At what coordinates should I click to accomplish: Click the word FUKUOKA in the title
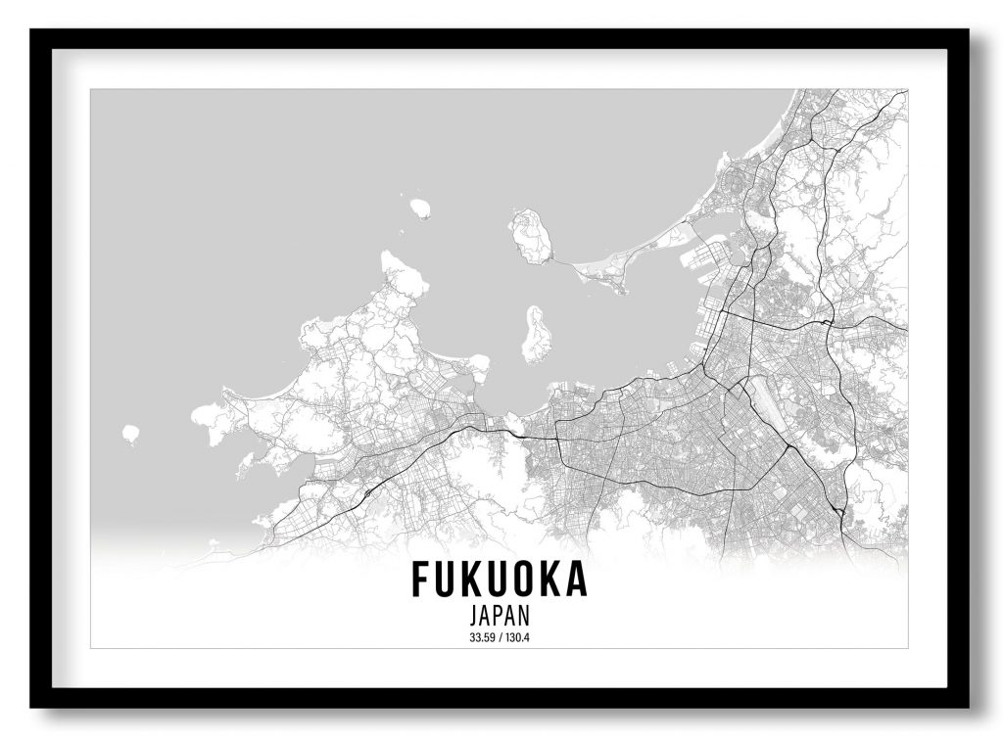(x=500, y=580)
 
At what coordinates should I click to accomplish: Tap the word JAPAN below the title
(x=500, y=618)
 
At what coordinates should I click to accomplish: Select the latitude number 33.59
(x=482, y=639)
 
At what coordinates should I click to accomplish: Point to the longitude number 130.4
(x=518, y=639)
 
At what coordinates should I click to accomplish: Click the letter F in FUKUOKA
(x=420, y=580)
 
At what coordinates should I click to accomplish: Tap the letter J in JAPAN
(x=474, y=618)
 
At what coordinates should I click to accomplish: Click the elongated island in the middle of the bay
(x=536, y=335)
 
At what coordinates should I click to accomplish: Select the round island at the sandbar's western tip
(x=531, y=236)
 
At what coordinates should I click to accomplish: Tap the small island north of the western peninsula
(x=420, y=208)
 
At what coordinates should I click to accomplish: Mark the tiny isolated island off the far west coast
(x=130, y=433)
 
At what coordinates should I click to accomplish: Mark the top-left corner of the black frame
(x=31, y=30)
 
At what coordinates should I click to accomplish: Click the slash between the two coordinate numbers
(x=500, y=639)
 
